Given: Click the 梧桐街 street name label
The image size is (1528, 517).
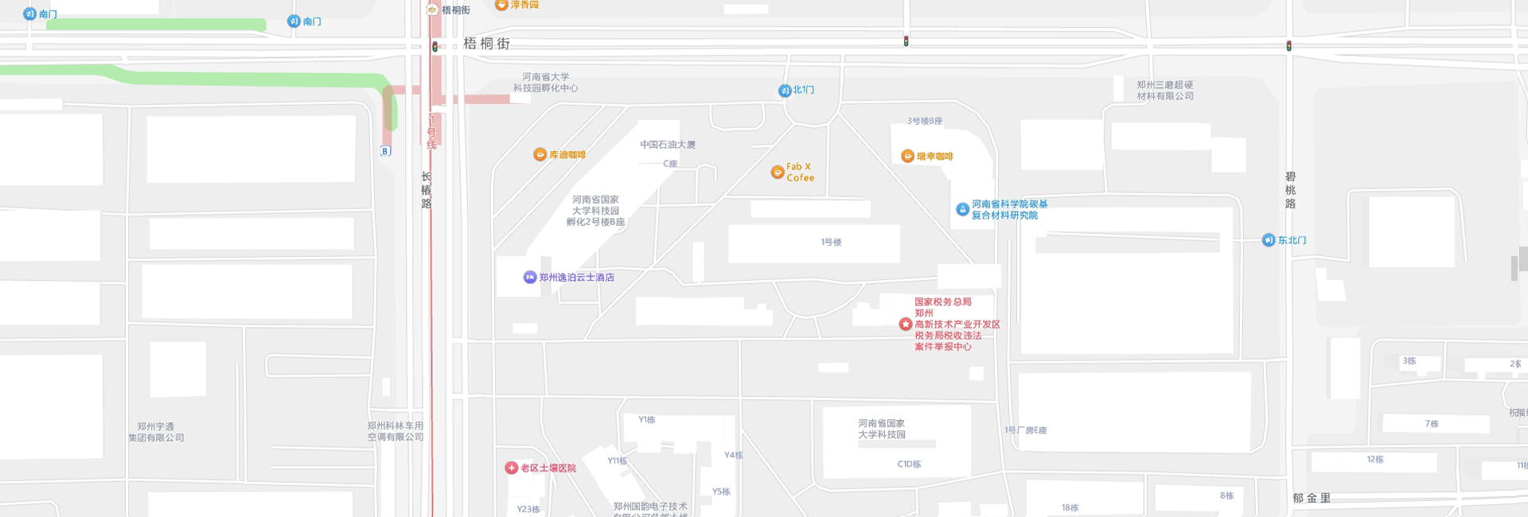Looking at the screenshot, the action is click(x=486, y=44).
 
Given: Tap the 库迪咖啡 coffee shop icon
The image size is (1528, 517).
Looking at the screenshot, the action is click(x=540, y=154).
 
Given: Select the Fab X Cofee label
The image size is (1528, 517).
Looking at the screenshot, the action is click(x=800, y=172).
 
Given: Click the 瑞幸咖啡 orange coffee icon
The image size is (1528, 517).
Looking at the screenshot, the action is click(x=907, y=156).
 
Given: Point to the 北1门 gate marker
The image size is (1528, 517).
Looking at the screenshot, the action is click(x=785, y=91).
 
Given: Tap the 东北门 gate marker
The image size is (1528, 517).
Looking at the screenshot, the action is click(x=1269, y=240).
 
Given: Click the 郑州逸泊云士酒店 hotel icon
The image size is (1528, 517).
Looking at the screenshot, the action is click(x=530, y=277).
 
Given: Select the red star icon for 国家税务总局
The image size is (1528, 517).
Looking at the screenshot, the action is click(x=906, y=324).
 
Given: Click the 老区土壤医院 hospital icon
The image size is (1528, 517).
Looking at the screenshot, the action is click(x=512, y=468).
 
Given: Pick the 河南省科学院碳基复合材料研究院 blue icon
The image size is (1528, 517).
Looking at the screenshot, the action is click(x=962, y=209).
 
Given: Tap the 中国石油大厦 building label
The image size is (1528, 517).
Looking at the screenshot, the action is click(x=668, y=145).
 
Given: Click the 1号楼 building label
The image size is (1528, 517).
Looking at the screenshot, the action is click(x=831, y=242).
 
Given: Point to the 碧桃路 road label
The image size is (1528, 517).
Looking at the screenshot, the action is click(x=1290, y=190).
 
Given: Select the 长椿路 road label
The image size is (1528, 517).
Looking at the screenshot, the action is click(x=426, y=190).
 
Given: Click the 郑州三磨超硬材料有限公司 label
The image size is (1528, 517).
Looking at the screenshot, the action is click(x=1164, y=90).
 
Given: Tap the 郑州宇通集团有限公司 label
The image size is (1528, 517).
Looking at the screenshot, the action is click(x=156, y=432).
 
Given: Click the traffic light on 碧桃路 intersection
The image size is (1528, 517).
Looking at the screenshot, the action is click(x=1288, y=46).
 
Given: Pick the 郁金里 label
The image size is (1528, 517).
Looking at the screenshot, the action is click(x=1312, y=498).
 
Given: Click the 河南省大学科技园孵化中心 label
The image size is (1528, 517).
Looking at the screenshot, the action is click(x=545, y=83).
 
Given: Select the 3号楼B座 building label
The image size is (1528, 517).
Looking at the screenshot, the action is click(x=925, y=121).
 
